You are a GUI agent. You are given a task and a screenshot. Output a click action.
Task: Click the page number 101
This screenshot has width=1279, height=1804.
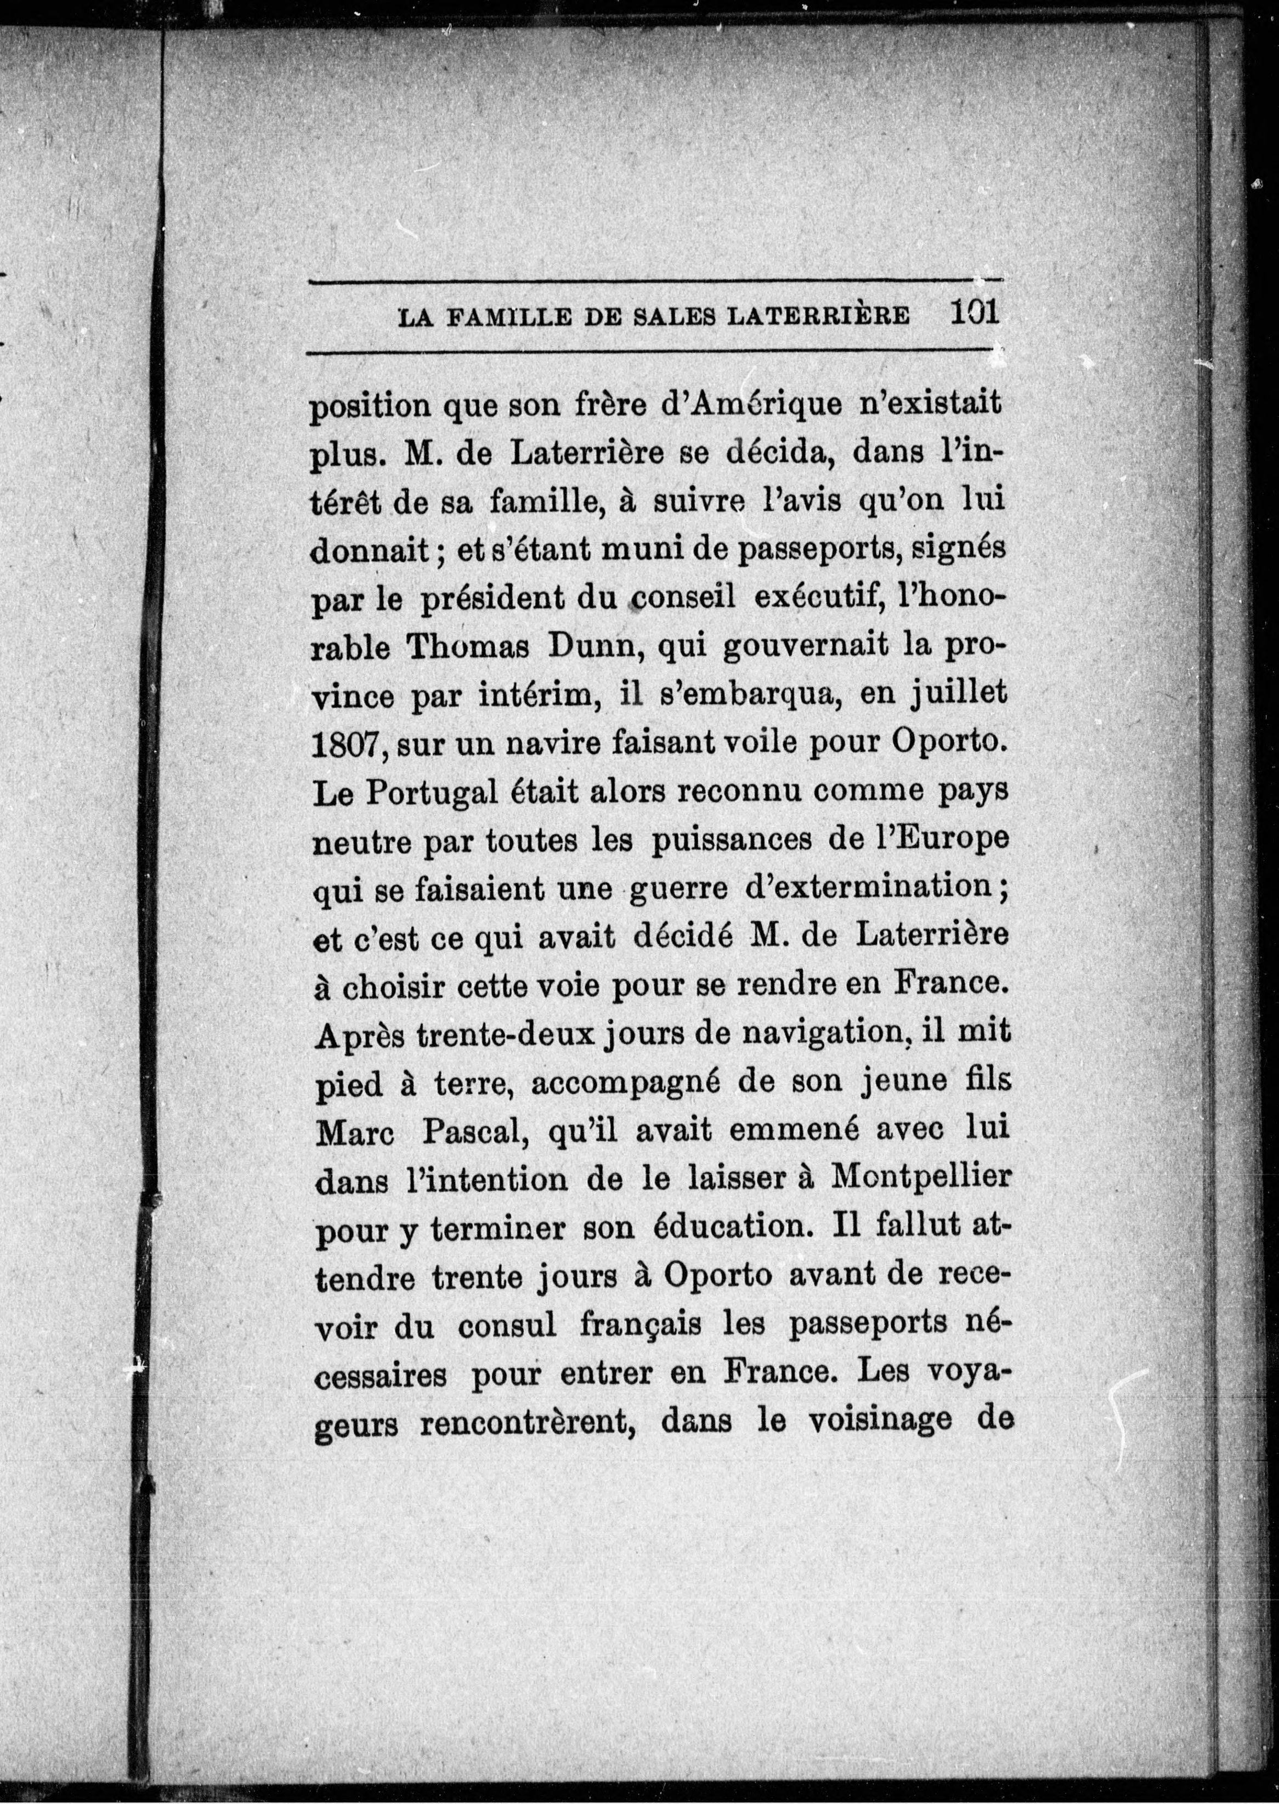(x=974, y=313)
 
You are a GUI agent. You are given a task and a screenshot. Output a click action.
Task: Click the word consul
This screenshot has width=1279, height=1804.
(x=507, y=1326)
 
